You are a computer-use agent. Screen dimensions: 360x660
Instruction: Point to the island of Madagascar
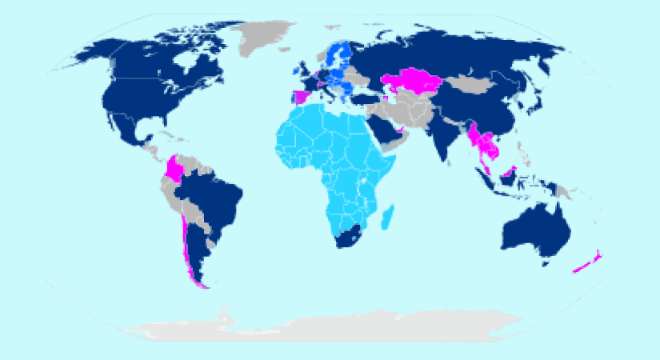(x=387, y=216)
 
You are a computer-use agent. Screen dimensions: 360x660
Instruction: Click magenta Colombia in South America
(x=174, y=169)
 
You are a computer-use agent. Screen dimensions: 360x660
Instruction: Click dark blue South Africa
(x=349, y=236)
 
